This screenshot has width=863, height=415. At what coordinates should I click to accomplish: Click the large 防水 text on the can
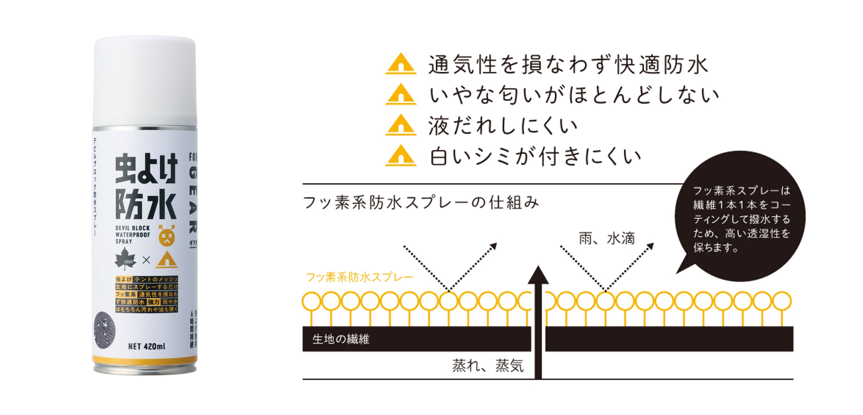point(146,205)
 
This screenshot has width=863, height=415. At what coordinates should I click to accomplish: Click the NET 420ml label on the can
point(147,346)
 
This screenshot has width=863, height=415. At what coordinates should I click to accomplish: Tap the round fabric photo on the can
point(104,327)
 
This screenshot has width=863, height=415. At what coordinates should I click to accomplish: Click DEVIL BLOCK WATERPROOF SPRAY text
point(133,234)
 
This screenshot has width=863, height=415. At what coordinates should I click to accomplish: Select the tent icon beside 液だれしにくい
point(401,125)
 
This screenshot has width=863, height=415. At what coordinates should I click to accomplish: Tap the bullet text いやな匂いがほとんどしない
point(574,95)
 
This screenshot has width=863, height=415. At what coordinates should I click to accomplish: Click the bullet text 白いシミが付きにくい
point(535,156)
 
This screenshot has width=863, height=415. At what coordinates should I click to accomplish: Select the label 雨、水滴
point(607,239)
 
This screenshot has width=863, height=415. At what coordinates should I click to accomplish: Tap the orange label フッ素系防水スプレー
point(359,277)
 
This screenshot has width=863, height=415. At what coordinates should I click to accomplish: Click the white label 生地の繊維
point(341,339)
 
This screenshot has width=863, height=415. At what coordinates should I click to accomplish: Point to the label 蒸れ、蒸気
point(488,365)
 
